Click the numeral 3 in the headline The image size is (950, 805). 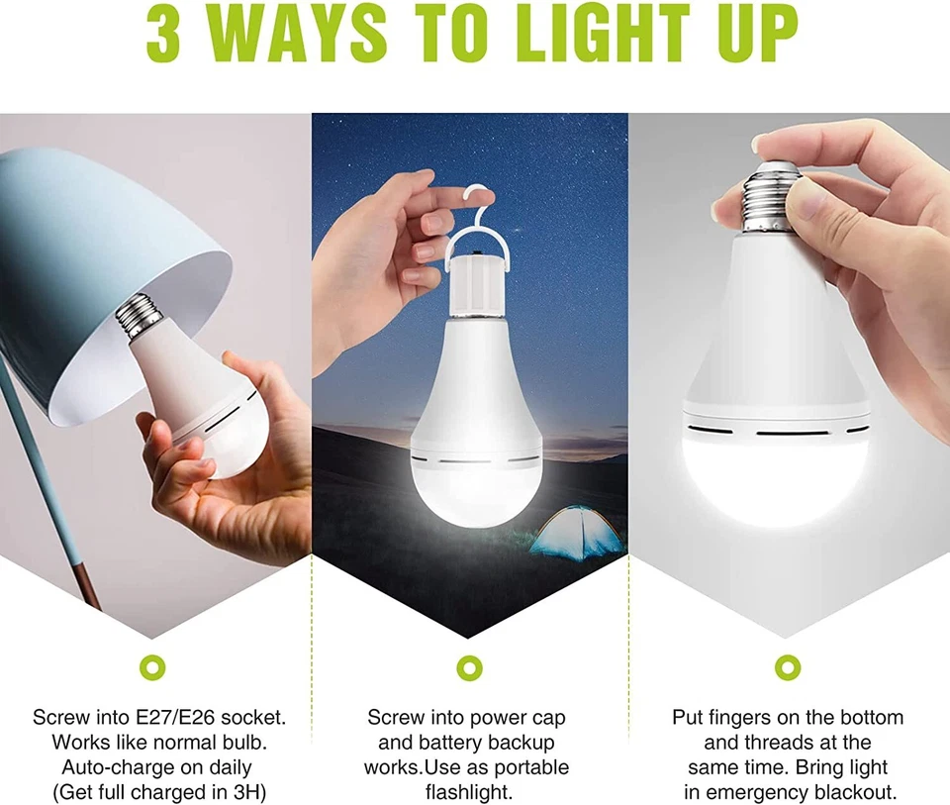pos(169,37)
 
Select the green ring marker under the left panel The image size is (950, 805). pos(154,665)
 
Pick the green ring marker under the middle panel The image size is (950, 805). pos(469,665)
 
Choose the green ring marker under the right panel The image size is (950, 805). pos(786,665)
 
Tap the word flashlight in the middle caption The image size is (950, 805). pos(469,791)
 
